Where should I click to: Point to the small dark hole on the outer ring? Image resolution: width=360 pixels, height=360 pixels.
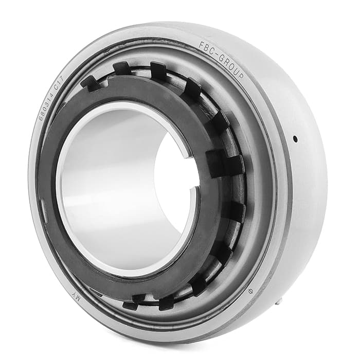tap(295, 139)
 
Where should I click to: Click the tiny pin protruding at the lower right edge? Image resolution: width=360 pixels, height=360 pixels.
tap(279, 302)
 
